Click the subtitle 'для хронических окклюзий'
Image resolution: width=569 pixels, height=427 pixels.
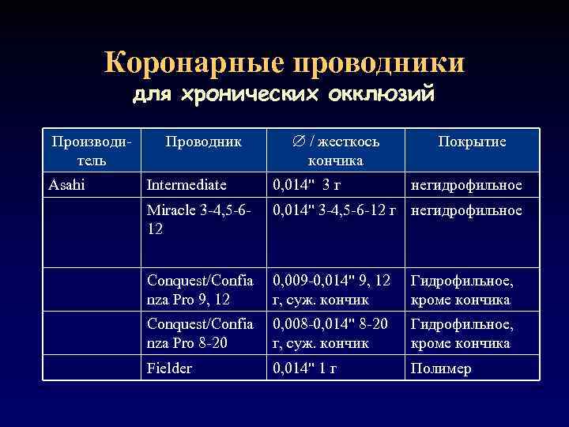284,96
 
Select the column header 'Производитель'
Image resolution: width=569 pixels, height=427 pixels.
91,150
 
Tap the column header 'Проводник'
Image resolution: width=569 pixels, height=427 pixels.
204,142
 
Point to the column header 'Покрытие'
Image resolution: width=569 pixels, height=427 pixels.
473,142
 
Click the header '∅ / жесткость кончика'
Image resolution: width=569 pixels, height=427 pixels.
335,150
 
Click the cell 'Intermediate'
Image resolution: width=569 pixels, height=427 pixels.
187,185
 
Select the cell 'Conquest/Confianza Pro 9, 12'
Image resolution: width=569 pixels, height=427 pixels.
200,290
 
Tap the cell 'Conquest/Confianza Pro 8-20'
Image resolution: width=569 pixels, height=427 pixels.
200,334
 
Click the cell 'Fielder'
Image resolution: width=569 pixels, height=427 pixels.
170,368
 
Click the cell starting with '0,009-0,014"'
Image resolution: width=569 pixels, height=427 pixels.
332,290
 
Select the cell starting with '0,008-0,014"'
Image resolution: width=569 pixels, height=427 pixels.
332,334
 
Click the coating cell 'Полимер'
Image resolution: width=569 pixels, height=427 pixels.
440,368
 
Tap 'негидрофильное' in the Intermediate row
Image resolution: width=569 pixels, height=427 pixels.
465,185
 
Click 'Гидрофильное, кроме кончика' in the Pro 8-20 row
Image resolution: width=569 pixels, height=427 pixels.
461,334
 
